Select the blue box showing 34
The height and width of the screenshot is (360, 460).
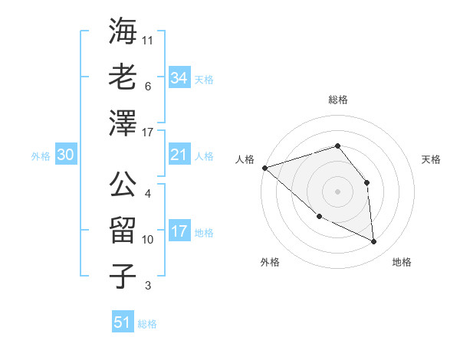[179, 77]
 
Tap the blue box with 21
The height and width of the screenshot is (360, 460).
[179, 155]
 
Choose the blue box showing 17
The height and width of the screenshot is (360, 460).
[179, 232]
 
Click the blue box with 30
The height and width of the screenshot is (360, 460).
[66, 155]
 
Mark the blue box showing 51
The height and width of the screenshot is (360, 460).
[123, 322]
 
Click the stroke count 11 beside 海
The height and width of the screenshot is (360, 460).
[148, 39]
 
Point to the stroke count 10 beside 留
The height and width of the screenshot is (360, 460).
[148, 240]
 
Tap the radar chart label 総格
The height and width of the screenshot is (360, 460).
[338, 100]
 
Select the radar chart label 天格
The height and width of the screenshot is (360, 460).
[431, 159]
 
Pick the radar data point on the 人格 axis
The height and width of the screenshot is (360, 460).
[264, 167]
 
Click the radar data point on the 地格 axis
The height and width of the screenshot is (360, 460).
[373, 241]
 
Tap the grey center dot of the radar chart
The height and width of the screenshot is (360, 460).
[337, 191]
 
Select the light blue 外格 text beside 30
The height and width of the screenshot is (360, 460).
[41, 156]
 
